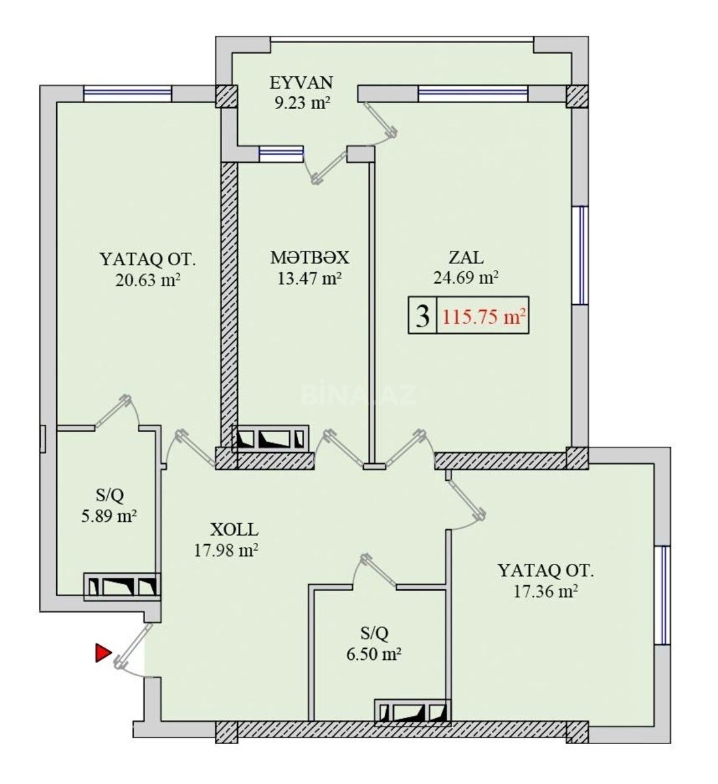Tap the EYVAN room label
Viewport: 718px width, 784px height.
click(301, 83)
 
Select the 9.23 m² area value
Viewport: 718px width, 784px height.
click(302, 104)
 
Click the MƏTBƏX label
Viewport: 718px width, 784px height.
click(310, 257)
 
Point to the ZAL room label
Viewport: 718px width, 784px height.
click(466, 257)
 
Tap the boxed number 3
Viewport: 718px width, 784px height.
click(423, 316)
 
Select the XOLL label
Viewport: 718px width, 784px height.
click(235, 530)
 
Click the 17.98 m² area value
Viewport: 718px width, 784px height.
click(226, 551)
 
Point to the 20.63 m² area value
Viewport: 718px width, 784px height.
click(148, 280)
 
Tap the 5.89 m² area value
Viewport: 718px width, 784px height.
click(108, 516)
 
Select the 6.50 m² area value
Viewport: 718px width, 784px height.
click(374, 653)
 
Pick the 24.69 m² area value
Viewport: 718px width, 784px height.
click(466, 278)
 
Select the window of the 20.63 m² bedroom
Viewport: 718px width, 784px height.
click(127, 94)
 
